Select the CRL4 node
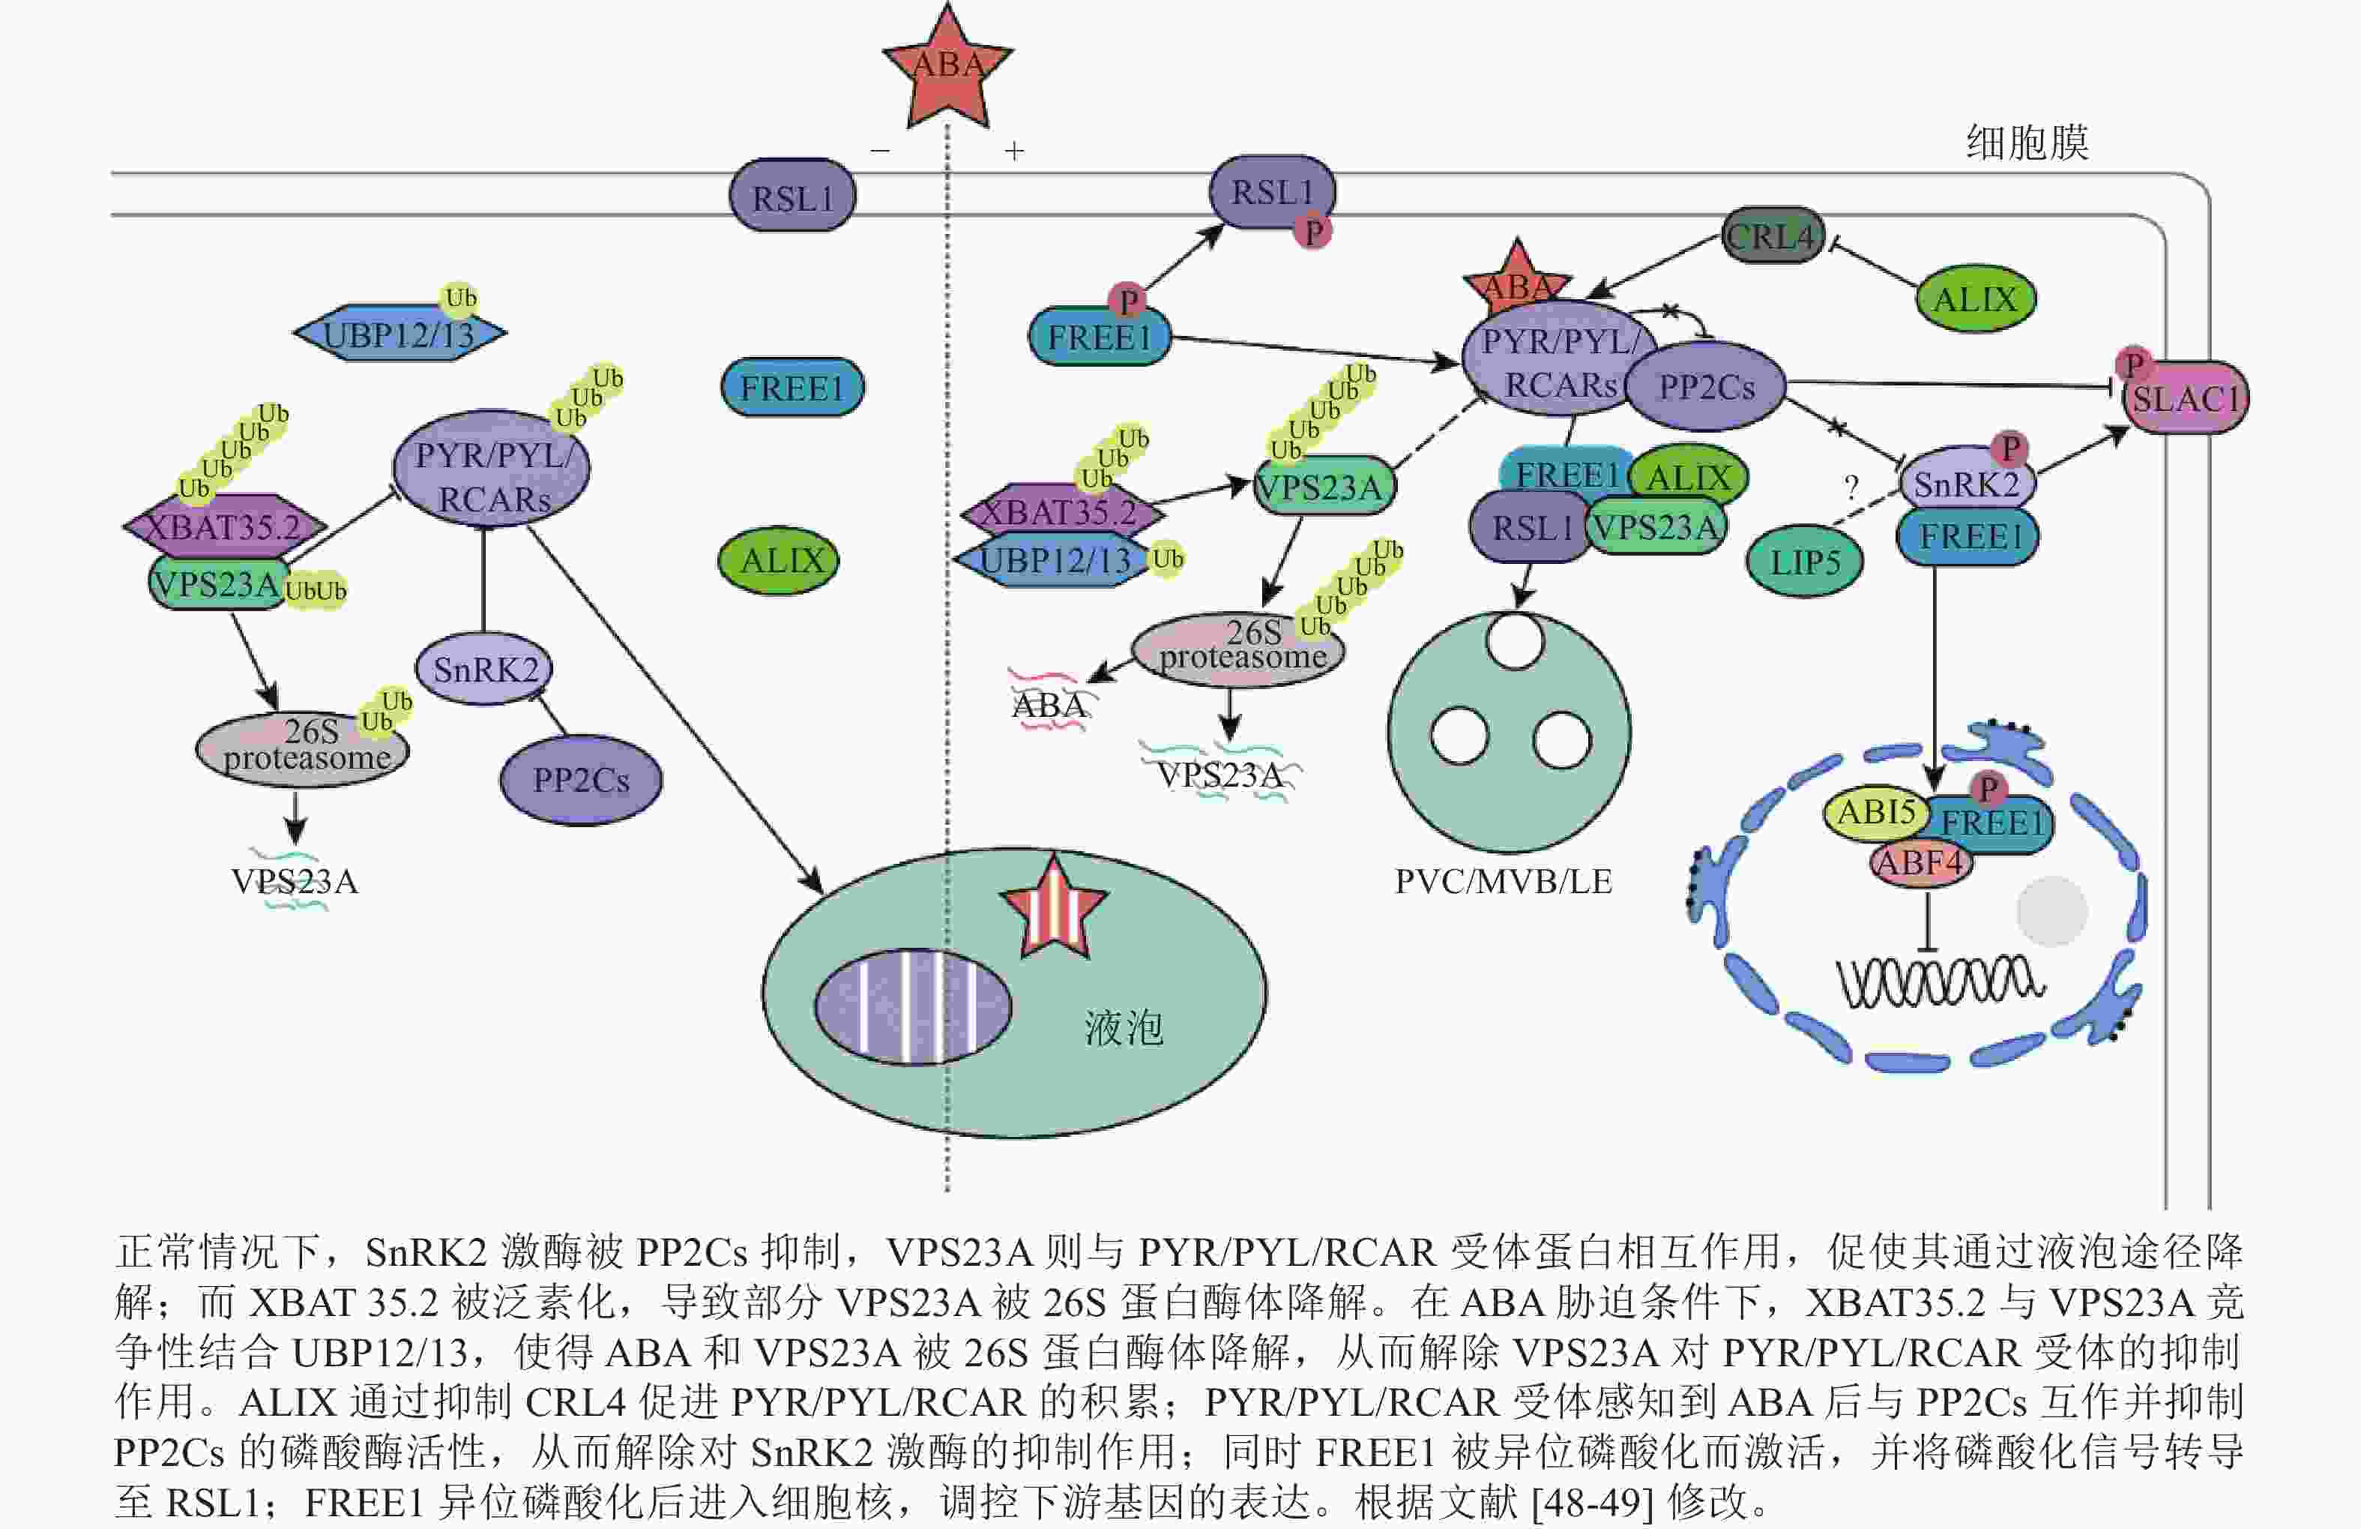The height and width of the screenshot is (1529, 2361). [1772, 235]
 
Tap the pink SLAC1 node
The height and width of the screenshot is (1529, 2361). [2186, 399]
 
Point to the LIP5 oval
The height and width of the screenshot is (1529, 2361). [1805, 562]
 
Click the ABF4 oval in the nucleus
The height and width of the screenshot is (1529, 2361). [1920, 862]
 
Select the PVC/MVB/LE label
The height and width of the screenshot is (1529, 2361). [1503, 881]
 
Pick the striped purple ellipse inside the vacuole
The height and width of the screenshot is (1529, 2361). [913, 1006]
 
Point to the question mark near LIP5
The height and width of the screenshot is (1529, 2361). [1850, 487]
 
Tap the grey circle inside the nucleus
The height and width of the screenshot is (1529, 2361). [2051, 910]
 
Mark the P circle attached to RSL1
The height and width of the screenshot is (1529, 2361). [1313, 232]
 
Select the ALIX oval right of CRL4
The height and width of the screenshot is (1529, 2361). [1974, 298]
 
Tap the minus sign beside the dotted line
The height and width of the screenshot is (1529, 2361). [880, 151]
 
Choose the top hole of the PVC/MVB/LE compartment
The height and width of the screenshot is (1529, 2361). [1515, 642]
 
